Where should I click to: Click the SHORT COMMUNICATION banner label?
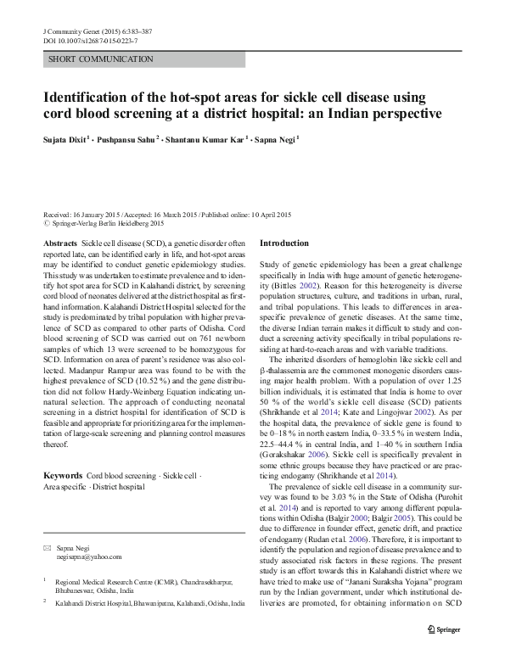point(101,59)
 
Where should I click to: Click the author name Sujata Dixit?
point(69,139)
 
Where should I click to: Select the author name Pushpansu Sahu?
point(129,139)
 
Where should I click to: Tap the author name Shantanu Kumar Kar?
point(207,139)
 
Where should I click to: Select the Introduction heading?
point(284,243)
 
